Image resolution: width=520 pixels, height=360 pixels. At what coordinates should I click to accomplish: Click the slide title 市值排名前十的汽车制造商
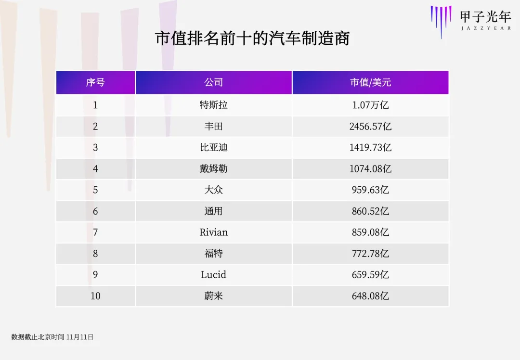[x=252, y=39]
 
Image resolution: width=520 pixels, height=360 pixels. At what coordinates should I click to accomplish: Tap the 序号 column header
[x=95, y=82]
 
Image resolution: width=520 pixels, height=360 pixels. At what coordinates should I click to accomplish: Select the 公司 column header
[x=213, y=82]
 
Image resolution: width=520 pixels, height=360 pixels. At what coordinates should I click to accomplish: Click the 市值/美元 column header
[x=370, y=82]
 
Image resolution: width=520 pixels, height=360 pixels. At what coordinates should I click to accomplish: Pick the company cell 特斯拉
[x=213, y=105]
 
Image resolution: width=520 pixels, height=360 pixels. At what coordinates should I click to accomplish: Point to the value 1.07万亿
[x=370, y=105]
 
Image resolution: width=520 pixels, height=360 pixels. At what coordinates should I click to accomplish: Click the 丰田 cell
[x=213, y=126]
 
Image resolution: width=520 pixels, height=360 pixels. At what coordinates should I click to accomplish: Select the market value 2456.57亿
[x=370, y=126]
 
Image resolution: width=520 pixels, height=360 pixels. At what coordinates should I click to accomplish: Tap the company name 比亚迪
[x=213, y=147]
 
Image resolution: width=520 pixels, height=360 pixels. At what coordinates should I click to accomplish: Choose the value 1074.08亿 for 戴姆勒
[x=370, y=168]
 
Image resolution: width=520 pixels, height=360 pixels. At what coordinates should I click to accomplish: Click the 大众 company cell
[x=213, y=190]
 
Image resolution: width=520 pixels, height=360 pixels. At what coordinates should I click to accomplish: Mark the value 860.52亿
[x=370, y=211]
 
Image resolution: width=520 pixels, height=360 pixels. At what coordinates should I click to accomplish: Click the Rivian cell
[x=213, y=232]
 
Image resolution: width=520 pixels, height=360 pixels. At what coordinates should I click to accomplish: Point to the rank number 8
[x=95, y=253]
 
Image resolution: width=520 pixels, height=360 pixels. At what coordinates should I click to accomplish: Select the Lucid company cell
[x=213, y=274]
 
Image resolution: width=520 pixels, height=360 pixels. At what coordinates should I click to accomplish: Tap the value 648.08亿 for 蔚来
[x=370, y=296]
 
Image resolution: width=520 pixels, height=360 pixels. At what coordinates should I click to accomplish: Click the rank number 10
[x=95, y=296]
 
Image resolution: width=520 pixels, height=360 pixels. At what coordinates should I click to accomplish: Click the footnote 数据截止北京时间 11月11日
[x=52, y=337]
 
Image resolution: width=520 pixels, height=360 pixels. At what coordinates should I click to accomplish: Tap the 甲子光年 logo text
[x=485, y=17]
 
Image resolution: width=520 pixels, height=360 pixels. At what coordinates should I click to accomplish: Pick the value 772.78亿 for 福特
[x=370, y=253]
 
